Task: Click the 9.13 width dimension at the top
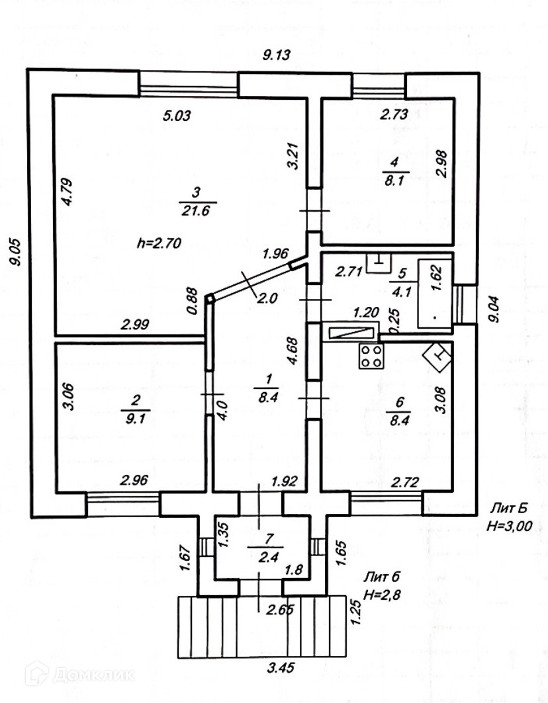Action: coord(277,56)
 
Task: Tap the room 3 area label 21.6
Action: coord(195,211)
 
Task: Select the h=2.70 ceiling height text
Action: coord(159,242)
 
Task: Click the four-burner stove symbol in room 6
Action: coord(371,356)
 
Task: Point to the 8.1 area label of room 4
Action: coord(395,181)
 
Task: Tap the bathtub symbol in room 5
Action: coord(434,294)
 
